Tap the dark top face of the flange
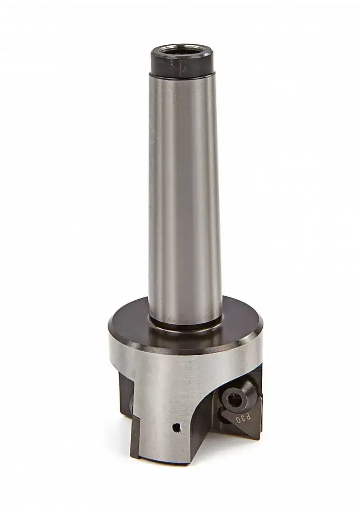(x=239, y=326)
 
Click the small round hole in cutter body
(x=176, y=427)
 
